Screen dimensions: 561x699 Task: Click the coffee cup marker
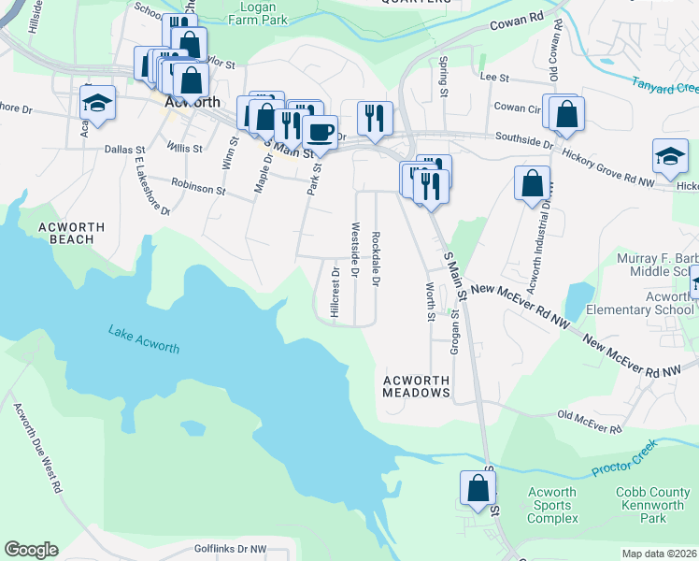[x=321, y=131]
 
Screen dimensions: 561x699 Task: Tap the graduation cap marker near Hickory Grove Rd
[x=669, y=156]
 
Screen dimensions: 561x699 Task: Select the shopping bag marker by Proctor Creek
[x=478, y=488]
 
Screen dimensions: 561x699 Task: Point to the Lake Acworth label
[x=143, y=338]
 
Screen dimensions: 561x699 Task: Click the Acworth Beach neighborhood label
[x=66, y=233]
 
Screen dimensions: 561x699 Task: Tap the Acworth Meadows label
[x=417, y=387]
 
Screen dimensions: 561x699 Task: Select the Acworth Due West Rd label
[x=38, y=446]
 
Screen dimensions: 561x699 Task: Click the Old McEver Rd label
[x=589, y=422]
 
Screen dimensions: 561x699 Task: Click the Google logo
[x=31, y=550]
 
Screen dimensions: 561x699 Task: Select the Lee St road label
[x=493, y=79]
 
